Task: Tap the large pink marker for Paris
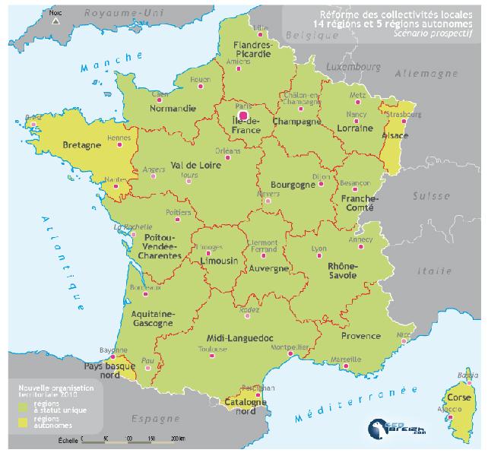tap(242, 115)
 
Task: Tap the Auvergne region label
tap(268, 268)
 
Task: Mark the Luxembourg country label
tap(352, 66)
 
